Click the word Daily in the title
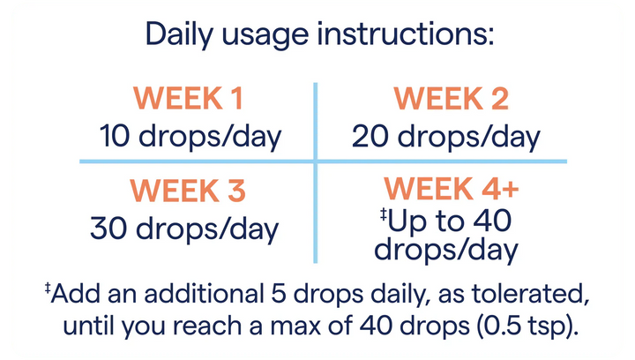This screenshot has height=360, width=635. click(178, 34)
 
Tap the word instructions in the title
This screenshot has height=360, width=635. click(406, 34)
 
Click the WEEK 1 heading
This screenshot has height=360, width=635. click(188, 98)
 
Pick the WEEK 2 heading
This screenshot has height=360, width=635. click(451, 98)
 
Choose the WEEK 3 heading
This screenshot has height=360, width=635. click(188, 191)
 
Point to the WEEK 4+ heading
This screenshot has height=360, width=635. click(452, 188)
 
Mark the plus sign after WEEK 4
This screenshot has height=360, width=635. click(510, 189)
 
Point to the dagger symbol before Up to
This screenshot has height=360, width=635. click(384, 214)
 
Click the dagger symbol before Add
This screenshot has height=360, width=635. click(48, 289)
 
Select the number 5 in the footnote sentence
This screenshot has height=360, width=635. click(279, 294)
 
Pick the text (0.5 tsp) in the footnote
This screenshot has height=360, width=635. click(525, 326)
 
